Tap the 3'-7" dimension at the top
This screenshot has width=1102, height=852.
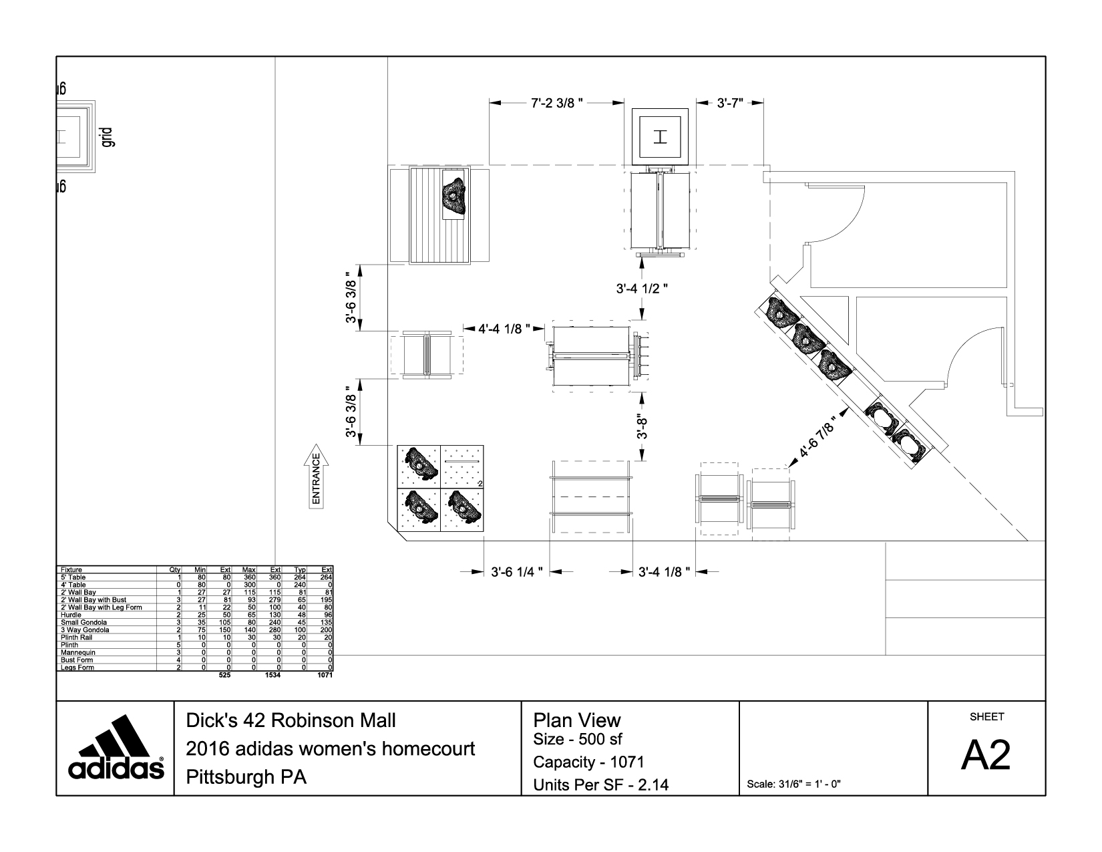pos(730,104)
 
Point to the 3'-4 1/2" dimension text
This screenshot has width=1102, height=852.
pos(642,288)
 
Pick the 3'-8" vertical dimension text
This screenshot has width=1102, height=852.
pos(642,426)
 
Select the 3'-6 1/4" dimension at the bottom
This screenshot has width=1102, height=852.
pos(516,572)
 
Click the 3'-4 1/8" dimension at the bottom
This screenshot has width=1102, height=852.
pos(664,572)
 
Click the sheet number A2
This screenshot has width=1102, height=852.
pos(986,756)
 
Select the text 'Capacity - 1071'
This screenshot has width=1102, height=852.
pos(588,762)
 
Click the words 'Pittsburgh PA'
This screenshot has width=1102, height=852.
pos(245,777)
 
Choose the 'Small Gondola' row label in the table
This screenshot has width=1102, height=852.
pos(79,622)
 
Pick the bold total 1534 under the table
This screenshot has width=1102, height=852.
pos(272,675)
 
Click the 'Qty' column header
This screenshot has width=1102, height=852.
pos(176,570)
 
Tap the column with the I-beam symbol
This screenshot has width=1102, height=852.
pos(661,137)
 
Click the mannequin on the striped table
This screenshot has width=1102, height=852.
pos(456,196)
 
